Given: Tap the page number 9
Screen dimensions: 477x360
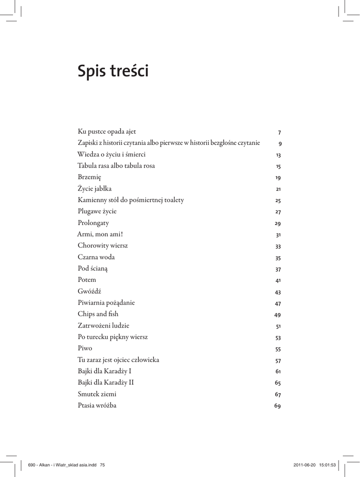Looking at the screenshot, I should (280, 143).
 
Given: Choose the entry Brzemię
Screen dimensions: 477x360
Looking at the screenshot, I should (89, 177).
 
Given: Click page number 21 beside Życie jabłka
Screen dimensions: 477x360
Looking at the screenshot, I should (278, 189).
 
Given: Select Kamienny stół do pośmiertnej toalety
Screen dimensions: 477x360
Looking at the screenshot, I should (131, 200).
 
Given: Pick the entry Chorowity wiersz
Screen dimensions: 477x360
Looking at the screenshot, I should (102, 245).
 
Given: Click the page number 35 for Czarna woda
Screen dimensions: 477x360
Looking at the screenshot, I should (278, 258).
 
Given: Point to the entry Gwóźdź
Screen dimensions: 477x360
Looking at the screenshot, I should (89, 291).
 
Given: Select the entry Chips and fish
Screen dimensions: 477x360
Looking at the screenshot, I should (98, 314).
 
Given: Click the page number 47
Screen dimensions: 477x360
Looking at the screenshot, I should (278, 303).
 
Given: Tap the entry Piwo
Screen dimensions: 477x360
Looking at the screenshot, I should (85, 348).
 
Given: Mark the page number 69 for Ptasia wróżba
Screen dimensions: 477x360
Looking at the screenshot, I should (278, 406).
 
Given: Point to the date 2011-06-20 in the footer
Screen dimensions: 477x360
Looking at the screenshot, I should (305, 464).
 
